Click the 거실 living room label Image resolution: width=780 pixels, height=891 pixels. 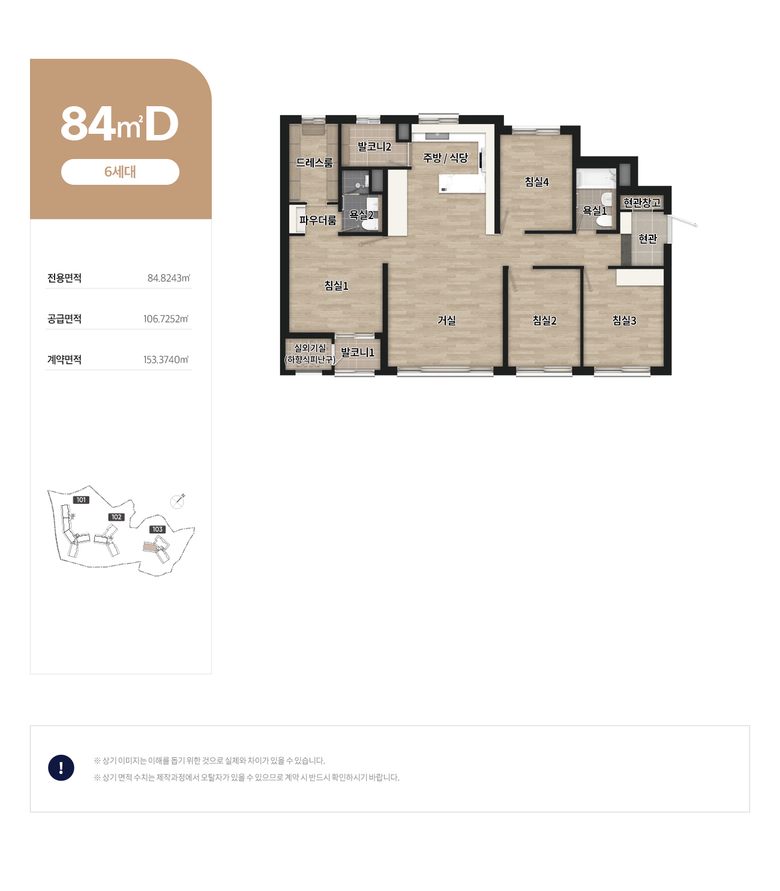(x=446, y=320)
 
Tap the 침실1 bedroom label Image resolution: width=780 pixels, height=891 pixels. (x=336, y=286)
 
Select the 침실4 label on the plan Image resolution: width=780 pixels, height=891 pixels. (x=536, y=182)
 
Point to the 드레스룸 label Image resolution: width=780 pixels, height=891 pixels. (x=314, y=163)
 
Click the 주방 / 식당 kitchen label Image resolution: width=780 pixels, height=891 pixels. (x=445, y=158)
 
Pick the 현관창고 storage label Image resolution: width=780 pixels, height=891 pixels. (x=642, y=203)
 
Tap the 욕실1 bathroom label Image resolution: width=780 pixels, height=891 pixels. (x=595, y=211)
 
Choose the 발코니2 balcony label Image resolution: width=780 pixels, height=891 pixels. (x=374, y=147)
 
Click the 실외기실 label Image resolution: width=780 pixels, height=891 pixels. (x=310, y=348)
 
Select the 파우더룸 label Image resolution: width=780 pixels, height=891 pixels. (x=318, y=220)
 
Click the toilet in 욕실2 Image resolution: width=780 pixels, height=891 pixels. (x=371, y=220)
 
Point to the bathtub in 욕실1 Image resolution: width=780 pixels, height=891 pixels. (x=595, y=179)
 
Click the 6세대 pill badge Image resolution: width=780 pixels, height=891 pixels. (x=120, y=172)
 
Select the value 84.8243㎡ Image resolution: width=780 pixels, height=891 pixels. (x=169, y=278)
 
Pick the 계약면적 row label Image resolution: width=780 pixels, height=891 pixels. (x=64, y=359)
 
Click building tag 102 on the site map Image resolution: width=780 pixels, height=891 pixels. (x=116, y=517)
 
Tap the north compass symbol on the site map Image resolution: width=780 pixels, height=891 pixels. (x=177, y=501)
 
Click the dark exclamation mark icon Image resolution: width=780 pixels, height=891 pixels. (x=61, y=768)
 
